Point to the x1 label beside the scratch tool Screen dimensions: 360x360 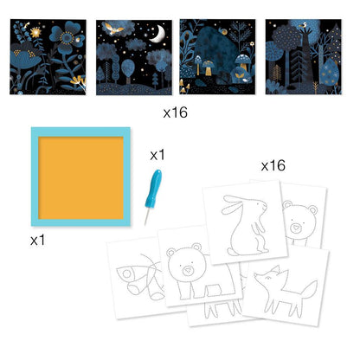(157, 155)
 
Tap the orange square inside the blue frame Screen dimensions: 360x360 (80, 176)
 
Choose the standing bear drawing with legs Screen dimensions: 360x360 (189, 281)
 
